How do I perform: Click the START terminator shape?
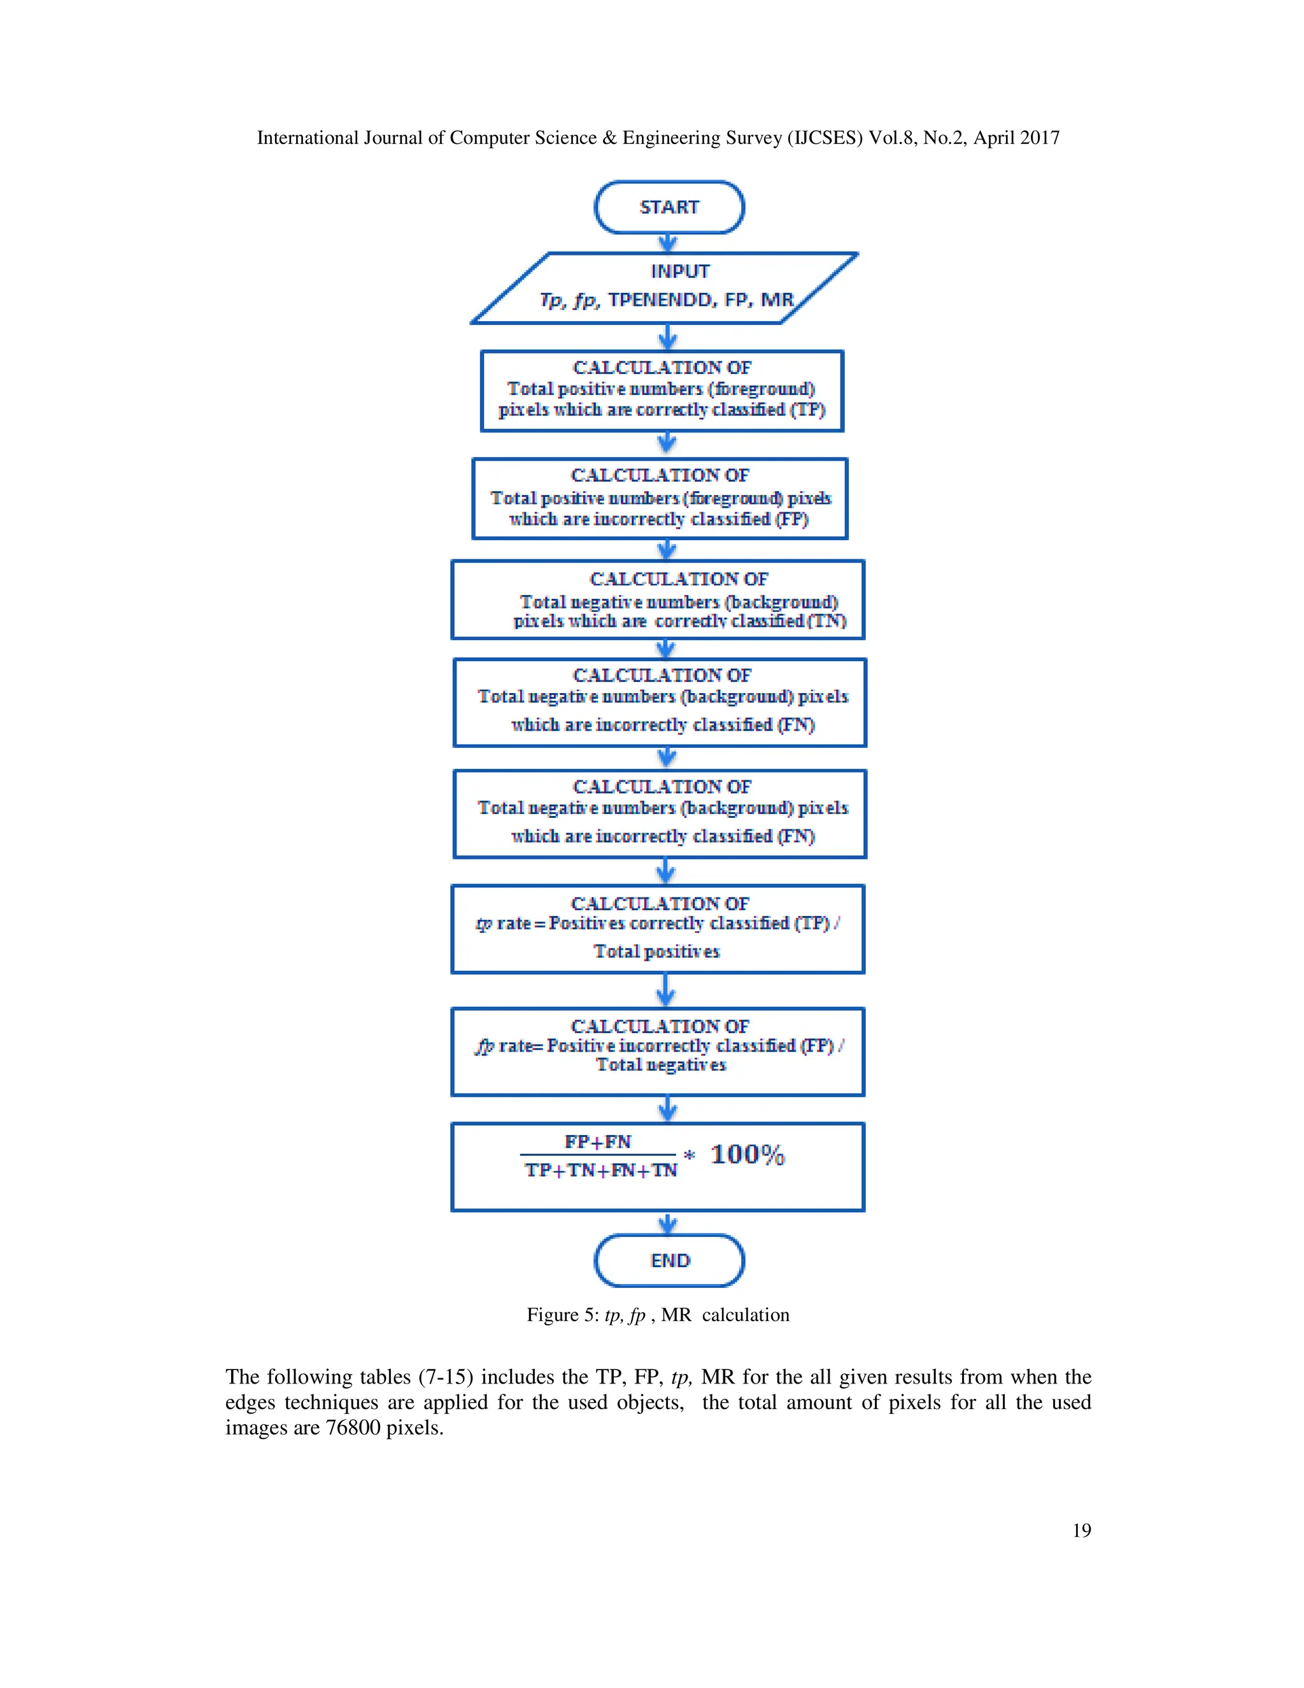coord(669,207)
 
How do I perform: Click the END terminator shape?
coord(669,1261)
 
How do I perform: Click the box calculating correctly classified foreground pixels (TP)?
coord(662,391)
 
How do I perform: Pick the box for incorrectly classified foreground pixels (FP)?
coord(660,499)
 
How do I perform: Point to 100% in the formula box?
coord(747,1155)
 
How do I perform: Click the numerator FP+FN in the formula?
coord(597,1141)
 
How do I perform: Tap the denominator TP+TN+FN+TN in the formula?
coord(600,1170)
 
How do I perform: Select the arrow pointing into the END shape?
coord(668,1223)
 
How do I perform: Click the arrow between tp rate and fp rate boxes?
coord(666,991)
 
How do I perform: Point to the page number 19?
coord(1082,1530)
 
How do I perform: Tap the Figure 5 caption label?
coord(562,1315)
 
